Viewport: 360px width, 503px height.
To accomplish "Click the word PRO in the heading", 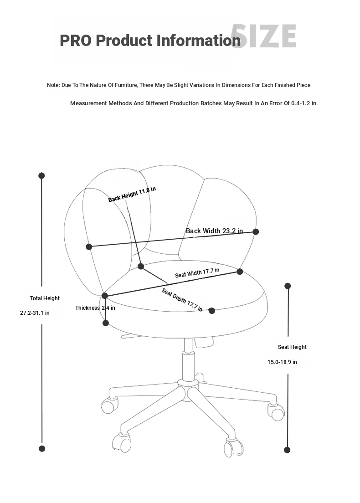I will coord(76,41).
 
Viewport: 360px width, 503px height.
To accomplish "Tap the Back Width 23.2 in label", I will coord(214,231).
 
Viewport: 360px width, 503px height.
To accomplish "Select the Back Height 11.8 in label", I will coord(132,195).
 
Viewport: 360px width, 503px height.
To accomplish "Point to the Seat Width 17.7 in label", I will coord(197,273).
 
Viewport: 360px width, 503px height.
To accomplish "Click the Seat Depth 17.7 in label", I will coord(182,300).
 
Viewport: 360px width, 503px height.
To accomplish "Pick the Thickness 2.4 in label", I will coord(95,308).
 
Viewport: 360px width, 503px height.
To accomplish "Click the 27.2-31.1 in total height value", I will coord(35,313).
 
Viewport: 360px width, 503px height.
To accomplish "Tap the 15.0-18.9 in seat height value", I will coord(282,362).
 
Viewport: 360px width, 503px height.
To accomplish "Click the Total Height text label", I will coord(45,298).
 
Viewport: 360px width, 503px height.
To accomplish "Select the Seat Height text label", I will coord(292,347).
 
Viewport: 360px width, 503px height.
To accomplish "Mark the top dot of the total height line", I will coord(41,175).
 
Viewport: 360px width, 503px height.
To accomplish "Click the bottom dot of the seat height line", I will coord(287,450).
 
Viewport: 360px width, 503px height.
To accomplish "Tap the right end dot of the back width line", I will coord(256,231).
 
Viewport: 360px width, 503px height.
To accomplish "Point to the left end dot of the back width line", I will coord(89,246).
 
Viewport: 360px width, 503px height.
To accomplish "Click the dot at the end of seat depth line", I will coord(211,311).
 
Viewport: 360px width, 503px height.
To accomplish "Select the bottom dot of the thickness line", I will coord(106,323).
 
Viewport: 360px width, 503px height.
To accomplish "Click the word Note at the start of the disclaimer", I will coord(53,85).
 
